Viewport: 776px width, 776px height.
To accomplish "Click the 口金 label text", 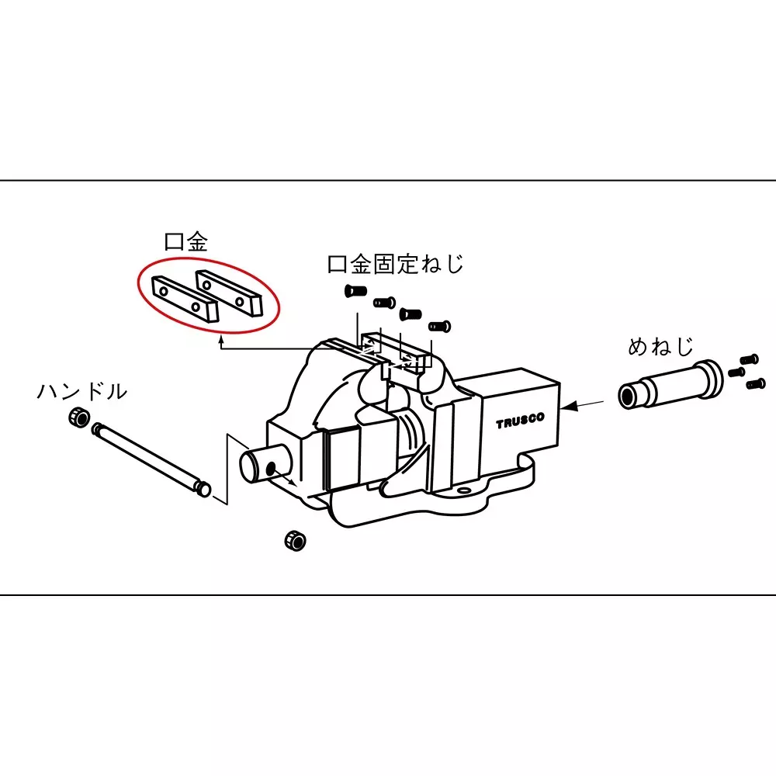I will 186,242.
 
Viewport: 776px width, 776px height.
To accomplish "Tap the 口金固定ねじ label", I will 396,264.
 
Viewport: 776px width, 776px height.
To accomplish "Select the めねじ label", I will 660,346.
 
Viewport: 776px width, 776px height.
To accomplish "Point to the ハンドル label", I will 81,392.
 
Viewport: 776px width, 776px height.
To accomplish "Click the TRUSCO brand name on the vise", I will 521,419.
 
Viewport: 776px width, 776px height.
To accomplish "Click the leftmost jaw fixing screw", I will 354,291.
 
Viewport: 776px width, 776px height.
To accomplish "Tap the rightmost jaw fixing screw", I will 440,326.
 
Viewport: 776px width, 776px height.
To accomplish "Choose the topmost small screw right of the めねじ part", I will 750,359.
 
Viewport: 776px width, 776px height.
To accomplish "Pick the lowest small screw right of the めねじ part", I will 755,383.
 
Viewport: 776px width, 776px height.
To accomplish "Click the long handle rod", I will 147,455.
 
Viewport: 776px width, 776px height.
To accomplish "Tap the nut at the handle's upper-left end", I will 77,417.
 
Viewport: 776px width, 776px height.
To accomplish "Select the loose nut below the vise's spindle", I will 294,539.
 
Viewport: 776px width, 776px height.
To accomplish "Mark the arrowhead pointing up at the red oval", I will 221,338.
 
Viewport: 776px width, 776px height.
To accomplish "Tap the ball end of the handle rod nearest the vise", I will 203,489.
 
